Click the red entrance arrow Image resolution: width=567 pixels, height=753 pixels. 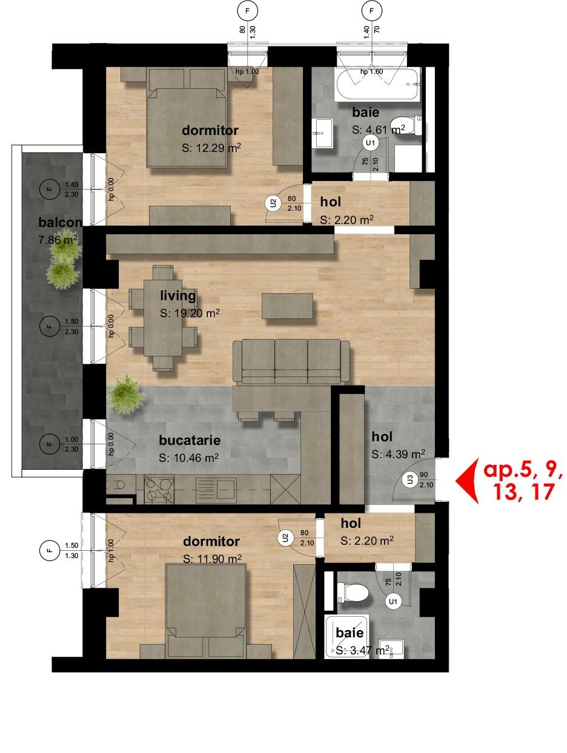465,481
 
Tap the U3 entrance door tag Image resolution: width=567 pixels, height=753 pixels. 411,480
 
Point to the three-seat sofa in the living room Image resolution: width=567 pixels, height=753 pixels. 291,361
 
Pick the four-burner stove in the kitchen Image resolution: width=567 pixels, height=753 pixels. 159,490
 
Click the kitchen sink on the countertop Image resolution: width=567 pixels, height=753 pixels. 216,489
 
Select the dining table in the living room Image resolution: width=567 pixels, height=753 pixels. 162,318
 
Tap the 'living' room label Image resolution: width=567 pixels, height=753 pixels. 178,296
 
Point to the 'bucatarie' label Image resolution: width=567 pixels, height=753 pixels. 190,440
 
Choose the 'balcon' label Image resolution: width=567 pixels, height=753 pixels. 59,222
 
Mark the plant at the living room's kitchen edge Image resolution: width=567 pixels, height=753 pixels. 126,395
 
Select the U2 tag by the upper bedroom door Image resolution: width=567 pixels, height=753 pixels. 273,203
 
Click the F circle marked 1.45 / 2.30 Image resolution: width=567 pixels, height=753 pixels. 50,189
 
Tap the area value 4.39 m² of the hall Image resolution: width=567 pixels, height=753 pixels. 398,454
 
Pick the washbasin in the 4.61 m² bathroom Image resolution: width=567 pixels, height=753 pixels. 323,132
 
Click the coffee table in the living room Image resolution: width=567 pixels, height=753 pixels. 288,306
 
